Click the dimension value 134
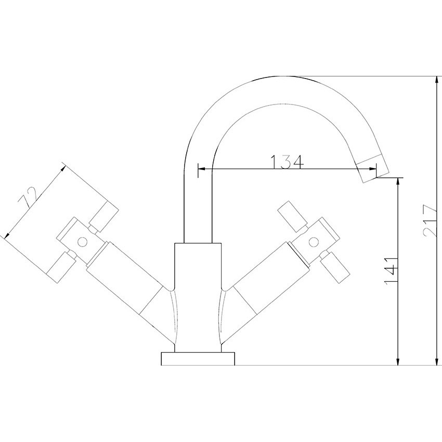pos(287,162)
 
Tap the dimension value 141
pos(391,271)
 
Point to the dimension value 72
pos(28,197)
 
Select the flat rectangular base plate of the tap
pos(198,359)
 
